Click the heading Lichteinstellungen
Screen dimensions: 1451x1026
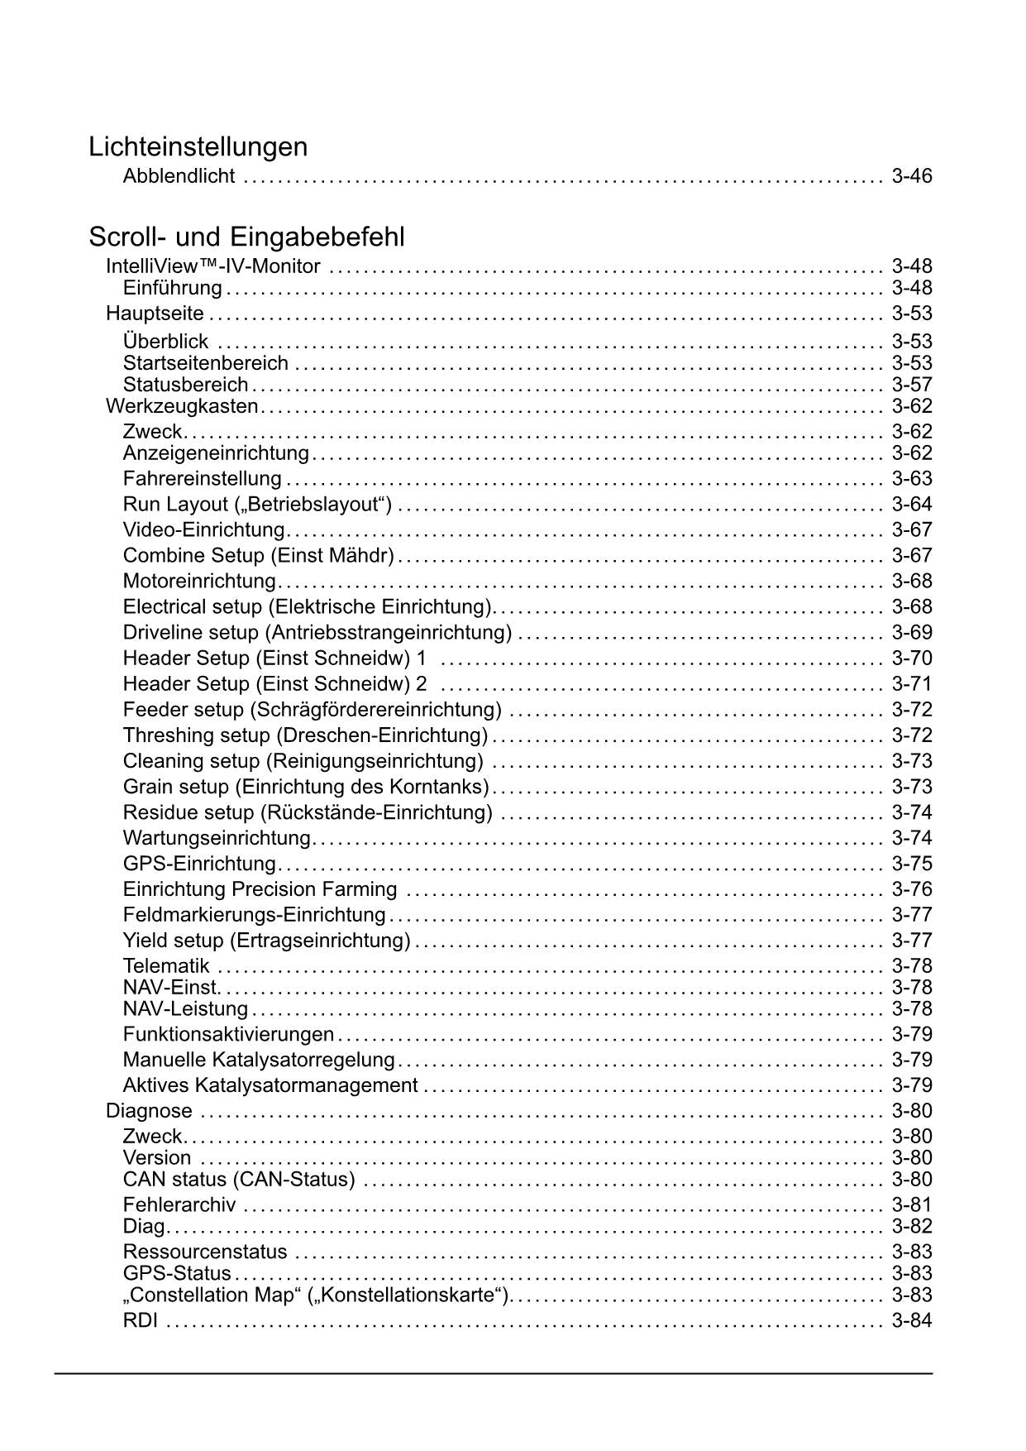(198, 146)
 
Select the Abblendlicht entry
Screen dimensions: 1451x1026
(179, 175)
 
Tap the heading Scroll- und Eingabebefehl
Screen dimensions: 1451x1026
(246, 237)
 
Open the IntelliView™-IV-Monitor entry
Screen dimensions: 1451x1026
(213, 266)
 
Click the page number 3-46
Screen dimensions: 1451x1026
(911, 175)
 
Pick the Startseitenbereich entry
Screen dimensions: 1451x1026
(205, 363)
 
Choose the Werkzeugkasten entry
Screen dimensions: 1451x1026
(182, 406)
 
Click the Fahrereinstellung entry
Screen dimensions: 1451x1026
(202, 478)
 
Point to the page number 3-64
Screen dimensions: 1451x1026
(911, 504)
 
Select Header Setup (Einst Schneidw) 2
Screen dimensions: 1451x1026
(274, 683)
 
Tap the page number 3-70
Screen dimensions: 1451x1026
(911, 658)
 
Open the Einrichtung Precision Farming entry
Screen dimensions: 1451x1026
(260, 889)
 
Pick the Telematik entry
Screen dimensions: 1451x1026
(165, 965)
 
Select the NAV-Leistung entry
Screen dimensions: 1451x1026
(185, 1008)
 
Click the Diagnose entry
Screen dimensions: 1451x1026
(149, 1110)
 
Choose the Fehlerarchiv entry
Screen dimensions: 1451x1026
(179, 1204)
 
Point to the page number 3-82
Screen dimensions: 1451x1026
(911, 1226)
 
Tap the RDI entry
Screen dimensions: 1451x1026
(140, 1320)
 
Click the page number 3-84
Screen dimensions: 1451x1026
(911, 1320)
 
